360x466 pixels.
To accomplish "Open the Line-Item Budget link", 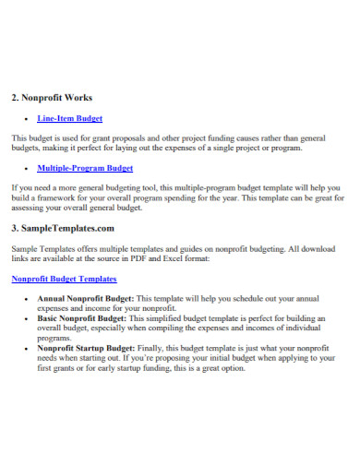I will click(69, 118).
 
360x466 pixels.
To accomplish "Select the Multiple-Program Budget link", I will click(85, 168).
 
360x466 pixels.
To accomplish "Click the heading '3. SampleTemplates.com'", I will click(62, 227).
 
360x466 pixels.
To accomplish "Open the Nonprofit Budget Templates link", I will click(64, 278).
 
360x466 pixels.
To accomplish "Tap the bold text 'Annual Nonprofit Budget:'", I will click(85, 298).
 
